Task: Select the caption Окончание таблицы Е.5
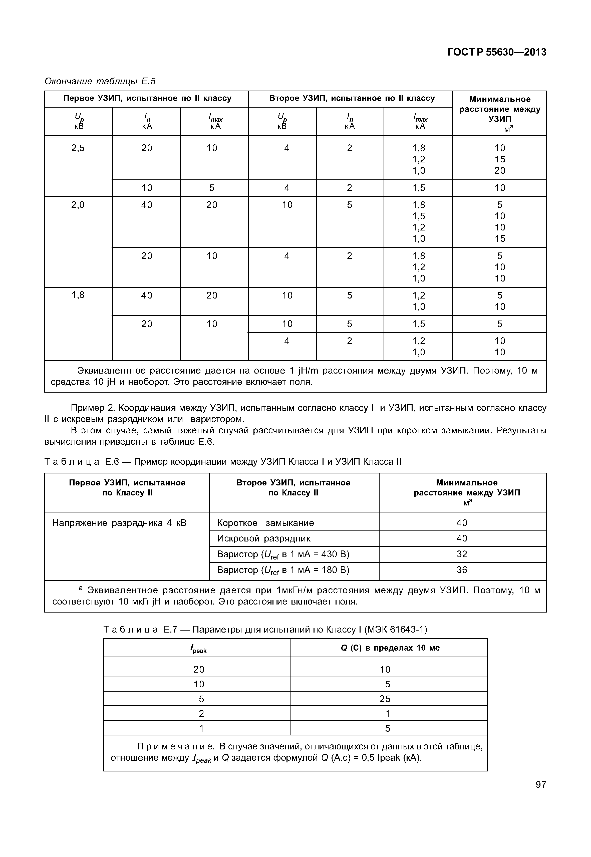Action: [100, 81]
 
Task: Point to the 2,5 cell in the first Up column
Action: [78, 148]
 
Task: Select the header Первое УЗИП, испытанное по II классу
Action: [147, 99]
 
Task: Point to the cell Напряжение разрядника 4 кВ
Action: [119, 523]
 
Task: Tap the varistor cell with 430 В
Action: [283, 554]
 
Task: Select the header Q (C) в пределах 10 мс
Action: [390, 648]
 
